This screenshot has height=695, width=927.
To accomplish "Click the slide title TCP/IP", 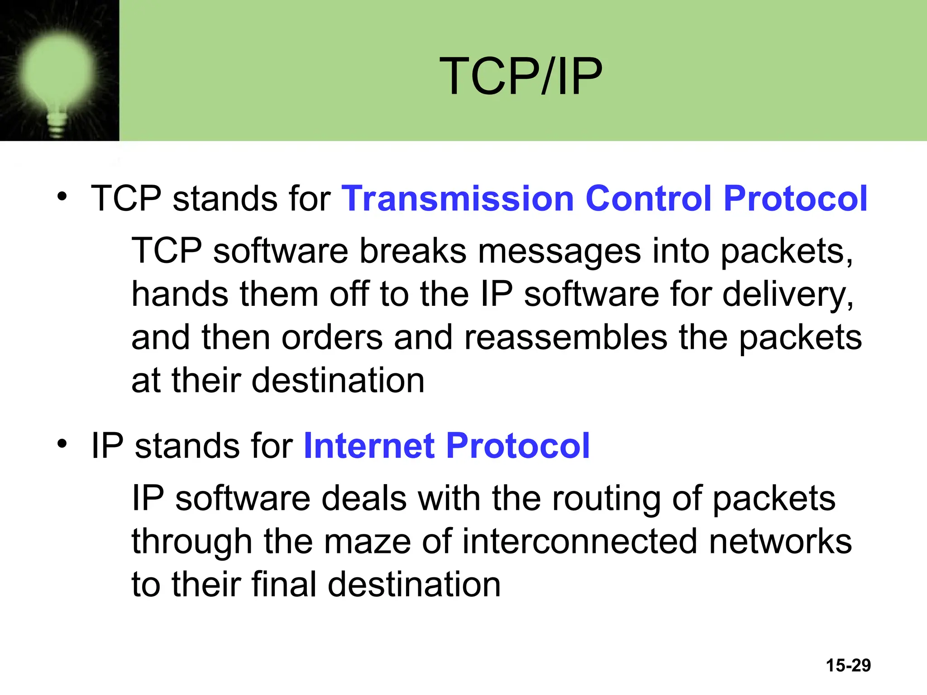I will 521,76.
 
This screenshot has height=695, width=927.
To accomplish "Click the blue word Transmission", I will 458,199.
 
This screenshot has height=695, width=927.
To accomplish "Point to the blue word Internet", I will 369,446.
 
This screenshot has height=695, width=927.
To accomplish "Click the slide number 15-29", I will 848,665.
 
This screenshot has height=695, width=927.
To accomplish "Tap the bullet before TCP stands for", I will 62,196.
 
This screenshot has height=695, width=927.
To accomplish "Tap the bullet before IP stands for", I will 62,444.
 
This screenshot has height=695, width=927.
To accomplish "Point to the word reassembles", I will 565,338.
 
